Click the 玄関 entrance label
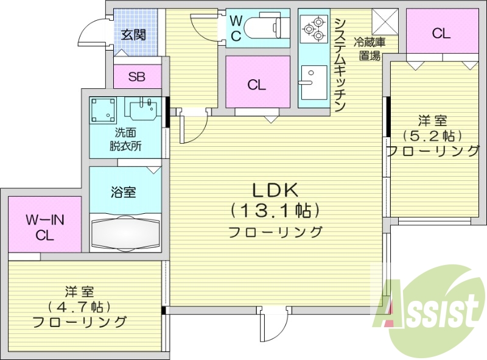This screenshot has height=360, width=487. click(x=133, y=35)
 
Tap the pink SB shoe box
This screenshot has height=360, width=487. click(x=137, y=76)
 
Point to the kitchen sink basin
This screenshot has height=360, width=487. click(x=312, y=82)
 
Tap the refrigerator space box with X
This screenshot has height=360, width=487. click(x=385, y=23)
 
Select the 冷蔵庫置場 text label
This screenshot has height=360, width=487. click(x=370, y=49)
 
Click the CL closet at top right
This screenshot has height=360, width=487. click(x=441, y=34)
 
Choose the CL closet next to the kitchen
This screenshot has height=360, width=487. click(x=256, y=84)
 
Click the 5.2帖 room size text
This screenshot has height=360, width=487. click(x=432, y=135)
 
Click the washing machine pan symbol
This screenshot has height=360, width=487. click(x=103, y=110)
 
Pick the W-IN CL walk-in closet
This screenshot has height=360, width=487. click(x=45, y=225)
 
